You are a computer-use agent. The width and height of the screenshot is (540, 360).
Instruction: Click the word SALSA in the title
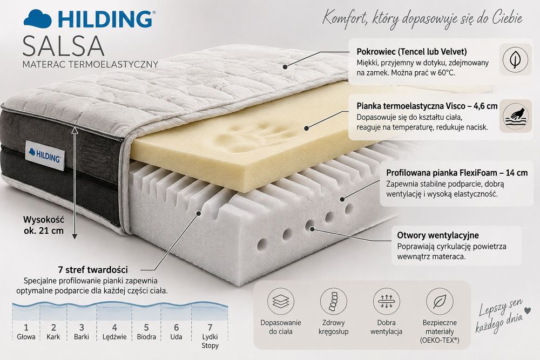[x=63, y=45]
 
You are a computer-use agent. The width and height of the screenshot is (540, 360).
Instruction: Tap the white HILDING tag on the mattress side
[x=45, y=155]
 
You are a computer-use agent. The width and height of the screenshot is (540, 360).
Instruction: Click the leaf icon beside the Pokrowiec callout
[x=515, y=59]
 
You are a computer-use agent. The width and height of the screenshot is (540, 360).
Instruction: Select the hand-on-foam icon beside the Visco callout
[x=515, y=116]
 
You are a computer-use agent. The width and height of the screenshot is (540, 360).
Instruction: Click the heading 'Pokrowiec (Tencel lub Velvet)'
[x=411, y=52]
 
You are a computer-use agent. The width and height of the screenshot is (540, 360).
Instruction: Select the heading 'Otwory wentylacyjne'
[x=438, y=235]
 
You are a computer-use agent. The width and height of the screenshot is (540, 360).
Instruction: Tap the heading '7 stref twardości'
[x=93, y=269]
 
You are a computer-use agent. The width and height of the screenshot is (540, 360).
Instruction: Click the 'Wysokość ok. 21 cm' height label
[x=44, y=225]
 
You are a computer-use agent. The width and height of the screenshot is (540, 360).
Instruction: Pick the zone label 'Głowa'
[x=26, y=337]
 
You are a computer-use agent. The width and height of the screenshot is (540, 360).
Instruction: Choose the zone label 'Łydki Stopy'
[x=210, y=341]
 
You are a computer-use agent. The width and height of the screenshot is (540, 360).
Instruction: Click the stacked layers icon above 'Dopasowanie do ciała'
[x=281, y=302]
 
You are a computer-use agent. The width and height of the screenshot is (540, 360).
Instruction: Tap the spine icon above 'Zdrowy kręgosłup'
[x=333, y=302]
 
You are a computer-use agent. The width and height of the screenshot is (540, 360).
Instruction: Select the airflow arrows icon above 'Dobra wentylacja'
[x=387, y=302]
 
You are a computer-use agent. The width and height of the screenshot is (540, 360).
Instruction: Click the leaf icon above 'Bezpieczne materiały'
[x=440, y=302]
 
